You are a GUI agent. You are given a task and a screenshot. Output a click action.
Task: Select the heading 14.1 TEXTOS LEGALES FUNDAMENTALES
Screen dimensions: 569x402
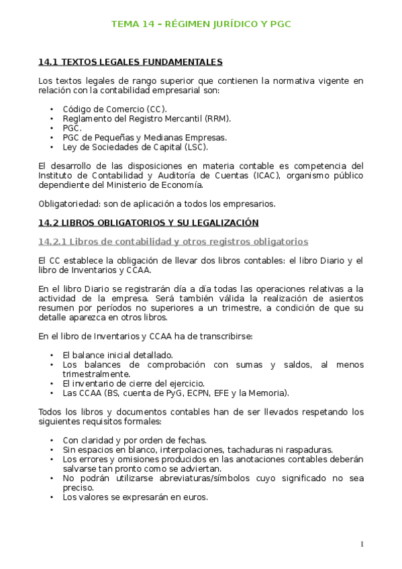(x=130, y=62)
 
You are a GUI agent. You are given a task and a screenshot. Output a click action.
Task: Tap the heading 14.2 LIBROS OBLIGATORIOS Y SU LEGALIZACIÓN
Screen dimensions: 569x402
(x=148, y=222)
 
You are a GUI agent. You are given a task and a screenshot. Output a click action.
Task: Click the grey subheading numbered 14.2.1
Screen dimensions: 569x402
(x=173, y=241)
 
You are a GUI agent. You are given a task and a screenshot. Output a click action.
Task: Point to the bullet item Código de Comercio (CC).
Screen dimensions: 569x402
(x=115, y=109)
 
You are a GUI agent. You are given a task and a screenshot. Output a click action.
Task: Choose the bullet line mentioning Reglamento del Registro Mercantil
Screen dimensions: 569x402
(x=146, y=118)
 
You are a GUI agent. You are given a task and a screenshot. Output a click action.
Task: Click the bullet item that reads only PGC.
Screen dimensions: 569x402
(x=72, y=127)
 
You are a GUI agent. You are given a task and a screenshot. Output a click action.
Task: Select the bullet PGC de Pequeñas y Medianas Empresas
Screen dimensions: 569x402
(x=144, y=137)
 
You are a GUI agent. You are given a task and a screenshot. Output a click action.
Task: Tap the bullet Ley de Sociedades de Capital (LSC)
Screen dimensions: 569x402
(x=135, y=146)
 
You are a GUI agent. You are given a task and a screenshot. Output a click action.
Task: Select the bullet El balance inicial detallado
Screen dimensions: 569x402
(x=117, y=354)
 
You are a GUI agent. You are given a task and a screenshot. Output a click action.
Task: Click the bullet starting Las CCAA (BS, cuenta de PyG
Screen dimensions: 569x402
(x=176, y=393)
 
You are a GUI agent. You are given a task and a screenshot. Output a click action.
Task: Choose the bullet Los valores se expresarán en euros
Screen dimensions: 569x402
(x=135, y=497)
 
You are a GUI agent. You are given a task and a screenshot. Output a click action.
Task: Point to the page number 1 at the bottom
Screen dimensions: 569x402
(x=362, y=544)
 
